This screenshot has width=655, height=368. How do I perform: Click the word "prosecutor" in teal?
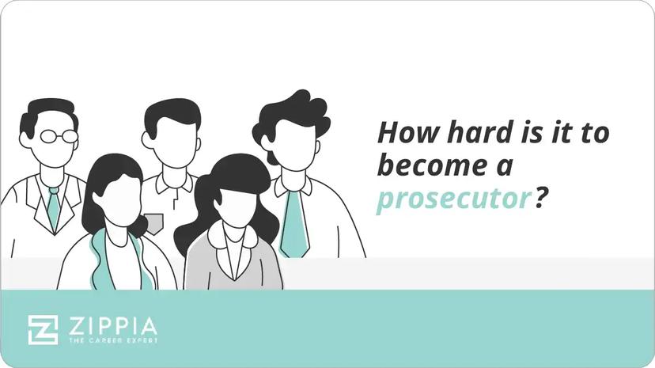tap(452, 200)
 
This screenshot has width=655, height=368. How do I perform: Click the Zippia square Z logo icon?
tap(43, 329)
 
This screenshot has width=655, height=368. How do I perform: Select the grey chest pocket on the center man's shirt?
tap(153, 222)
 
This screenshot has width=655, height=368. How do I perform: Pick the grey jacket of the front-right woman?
tap(203, 265)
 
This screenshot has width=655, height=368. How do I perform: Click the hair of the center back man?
tap(172, 115)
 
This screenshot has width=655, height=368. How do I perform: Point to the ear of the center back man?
tap(147, 141)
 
